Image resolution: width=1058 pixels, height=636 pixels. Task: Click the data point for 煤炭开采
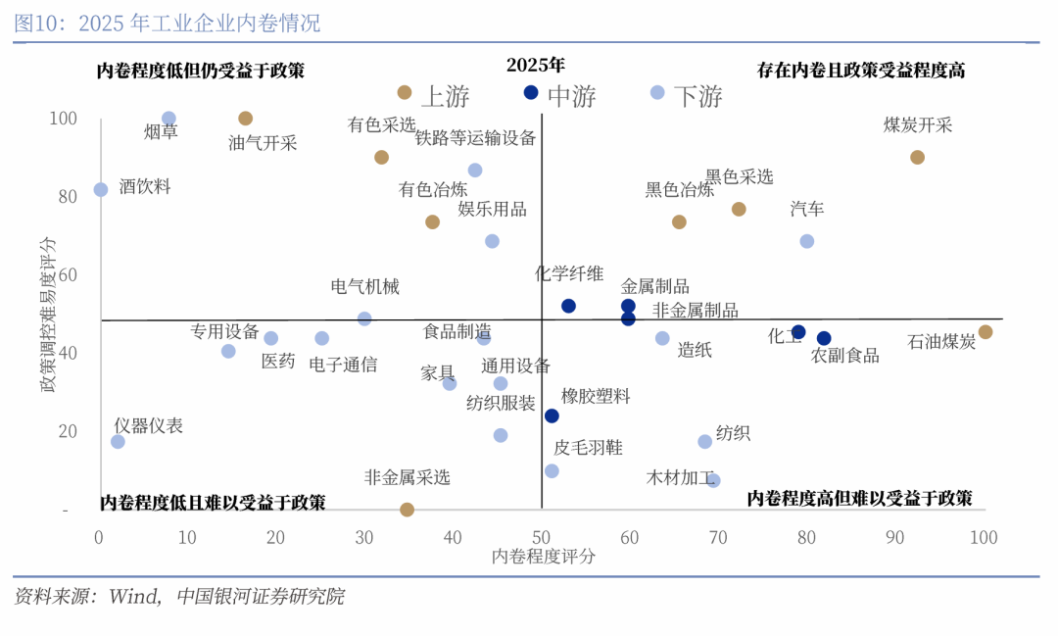(917, 157)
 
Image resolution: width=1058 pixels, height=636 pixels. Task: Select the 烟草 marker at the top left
(168, 119)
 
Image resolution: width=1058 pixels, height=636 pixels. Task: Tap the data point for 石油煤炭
(985, 332)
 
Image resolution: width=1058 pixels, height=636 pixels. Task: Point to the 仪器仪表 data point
(118, 442)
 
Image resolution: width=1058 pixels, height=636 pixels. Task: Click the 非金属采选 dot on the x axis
(407, 510)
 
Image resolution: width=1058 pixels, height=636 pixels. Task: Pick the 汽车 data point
(806, 241)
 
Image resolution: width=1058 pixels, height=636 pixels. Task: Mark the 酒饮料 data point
(100, 189)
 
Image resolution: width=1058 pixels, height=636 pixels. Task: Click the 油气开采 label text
(263, 143)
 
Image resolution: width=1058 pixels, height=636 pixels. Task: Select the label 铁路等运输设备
(475, 138)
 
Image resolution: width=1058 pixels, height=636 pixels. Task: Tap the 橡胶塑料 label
(596, 396)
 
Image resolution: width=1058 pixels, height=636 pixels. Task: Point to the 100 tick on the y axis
(63, 119)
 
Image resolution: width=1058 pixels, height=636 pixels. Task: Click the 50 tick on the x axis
(541, 537)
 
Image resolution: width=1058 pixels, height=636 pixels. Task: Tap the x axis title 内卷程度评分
(543, 556)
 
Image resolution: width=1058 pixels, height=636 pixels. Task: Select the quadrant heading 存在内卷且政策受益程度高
(861, 71)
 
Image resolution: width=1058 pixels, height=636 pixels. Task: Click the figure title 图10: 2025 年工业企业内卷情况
(167, 23)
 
